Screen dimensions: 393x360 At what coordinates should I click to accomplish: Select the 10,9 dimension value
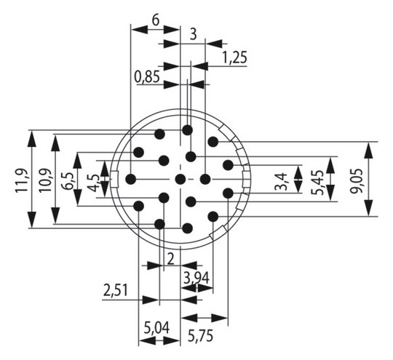coord(45,180)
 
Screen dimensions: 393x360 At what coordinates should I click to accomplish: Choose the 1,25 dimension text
coord(235,57)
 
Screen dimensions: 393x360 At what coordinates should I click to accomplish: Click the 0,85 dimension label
coord(147,77)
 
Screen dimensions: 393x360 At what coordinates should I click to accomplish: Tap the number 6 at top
coord(156,20)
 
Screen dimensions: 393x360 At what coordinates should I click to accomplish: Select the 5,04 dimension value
coord(156,328)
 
